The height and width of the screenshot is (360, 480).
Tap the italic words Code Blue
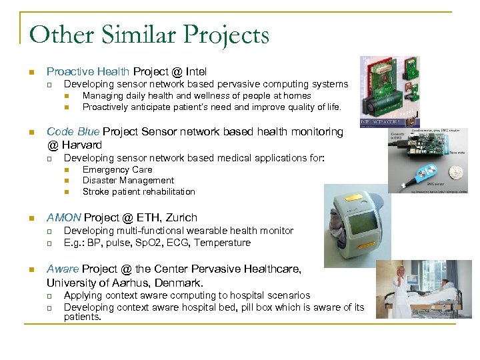pos(73,132)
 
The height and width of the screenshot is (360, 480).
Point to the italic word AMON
pos(63,217)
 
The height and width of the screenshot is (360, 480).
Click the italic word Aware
pos(62,269)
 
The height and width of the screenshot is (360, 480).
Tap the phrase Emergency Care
pos(117,169)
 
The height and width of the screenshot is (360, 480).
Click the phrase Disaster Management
pos(128,180)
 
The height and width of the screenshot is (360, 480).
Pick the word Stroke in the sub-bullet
pos(96,191)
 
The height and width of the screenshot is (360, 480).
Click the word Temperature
pos(223,243)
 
